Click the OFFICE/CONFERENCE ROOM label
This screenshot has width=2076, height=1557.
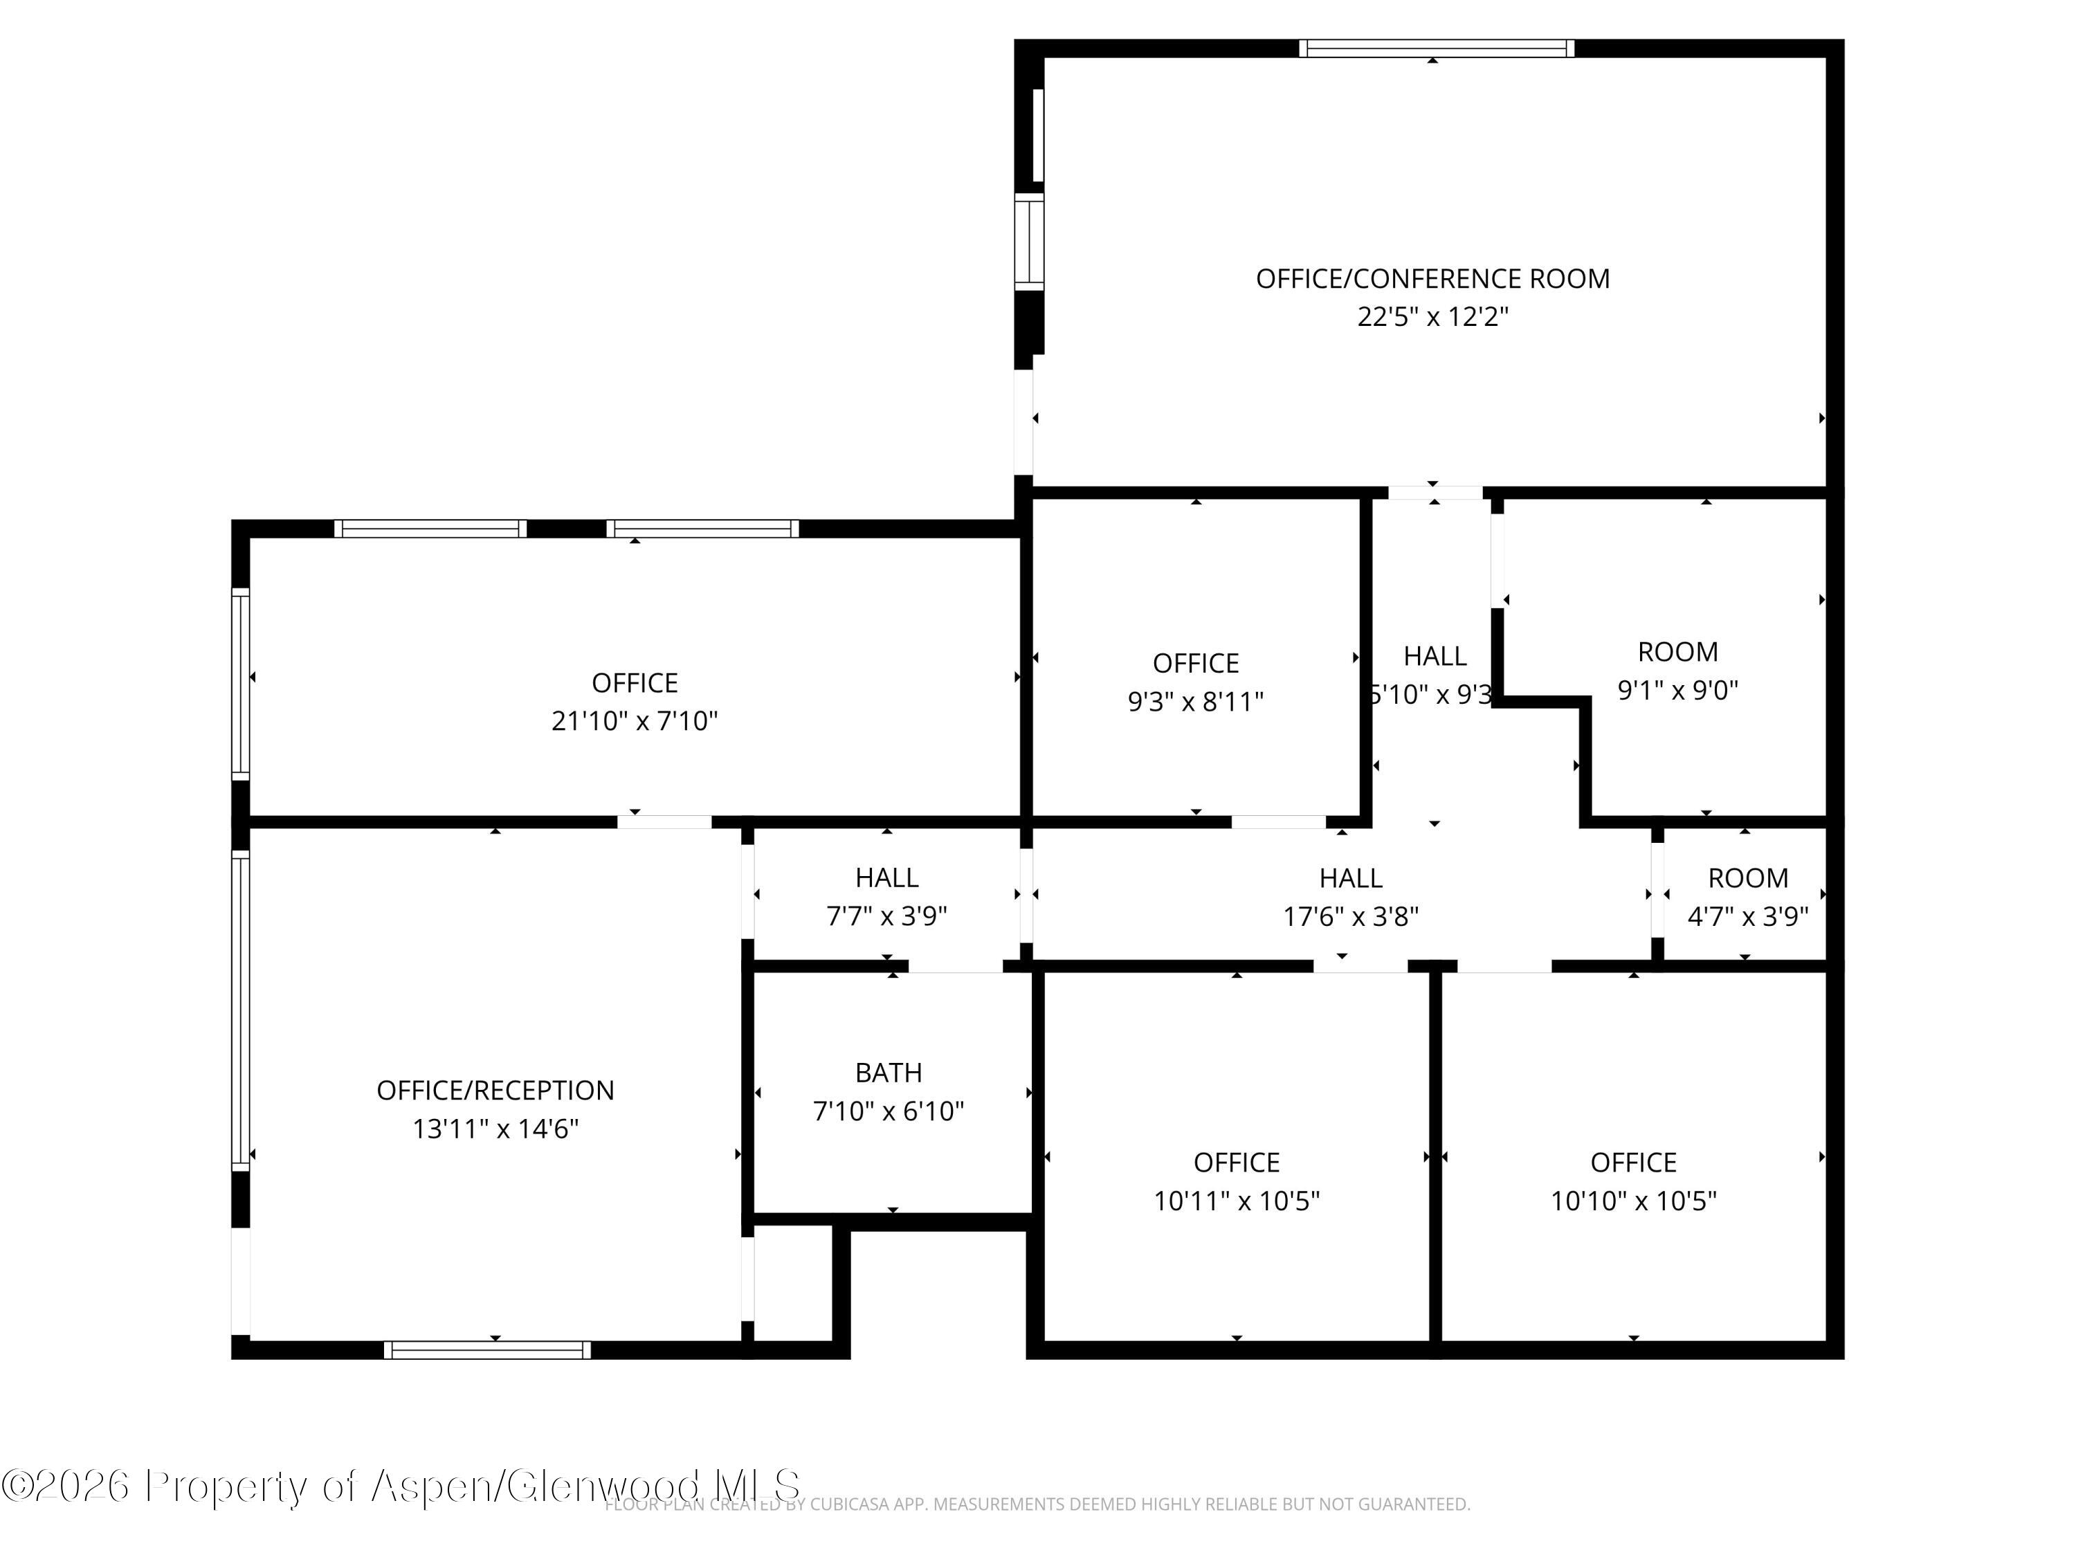tap(1432, 279)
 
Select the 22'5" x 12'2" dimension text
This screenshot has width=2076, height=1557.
tap(1432, 317)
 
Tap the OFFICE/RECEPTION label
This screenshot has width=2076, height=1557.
tap(495, 1090)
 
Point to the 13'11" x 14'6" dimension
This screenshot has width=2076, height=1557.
tap(495, 1128)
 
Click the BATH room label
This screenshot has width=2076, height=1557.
tap(888, 1072)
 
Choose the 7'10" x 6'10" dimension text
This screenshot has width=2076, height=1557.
tap(888, 1111)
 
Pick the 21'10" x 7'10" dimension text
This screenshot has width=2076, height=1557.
tap(635, 721)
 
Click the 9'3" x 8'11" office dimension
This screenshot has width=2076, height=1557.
tap(1196, 702)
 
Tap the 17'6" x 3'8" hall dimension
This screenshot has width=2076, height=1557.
tap(1351, 916)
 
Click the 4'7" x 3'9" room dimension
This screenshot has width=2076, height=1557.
tap(1747, 916)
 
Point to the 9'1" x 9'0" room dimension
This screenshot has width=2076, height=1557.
tap(1677, 691)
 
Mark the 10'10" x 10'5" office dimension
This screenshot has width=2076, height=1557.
tap(1633, 1201)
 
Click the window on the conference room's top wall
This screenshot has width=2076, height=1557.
tap(1436, 49)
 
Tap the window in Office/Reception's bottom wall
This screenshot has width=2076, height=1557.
tap(487, 1349)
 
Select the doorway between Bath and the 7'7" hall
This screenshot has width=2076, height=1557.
tap(956, 966)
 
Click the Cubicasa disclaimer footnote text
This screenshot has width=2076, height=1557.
tap(1037, 1504)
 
